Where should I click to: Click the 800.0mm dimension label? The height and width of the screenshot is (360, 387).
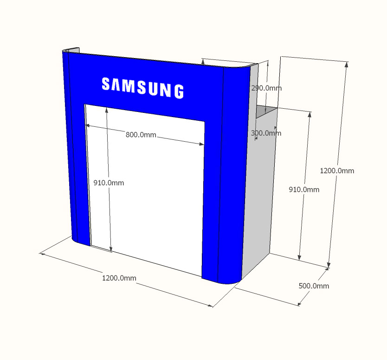click(x=141, y=135)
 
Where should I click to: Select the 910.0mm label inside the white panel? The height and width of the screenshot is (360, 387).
click(x=109, y=183)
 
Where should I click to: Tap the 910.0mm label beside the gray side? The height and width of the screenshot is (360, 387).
click(x=304, y=190)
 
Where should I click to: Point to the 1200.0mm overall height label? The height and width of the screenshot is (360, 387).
click(x=337, y=170)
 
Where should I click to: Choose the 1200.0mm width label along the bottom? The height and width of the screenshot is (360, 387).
click(x=119, y=278)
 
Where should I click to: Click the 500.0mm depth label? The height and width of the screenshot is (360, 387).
click(x=314, y=286)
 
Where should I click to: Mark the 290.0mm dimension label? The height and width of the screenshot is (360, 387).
click(x=266, y=88)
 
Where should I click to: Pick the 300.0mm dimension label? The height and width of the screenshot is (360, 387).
click(x=266, y=133)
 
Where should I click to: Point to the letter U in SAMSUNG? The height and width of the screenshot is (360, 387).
click(x=153, y=88)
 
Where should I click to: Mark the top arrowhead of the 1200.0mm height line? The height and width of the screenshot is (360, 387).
click(x=346, y=65)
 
